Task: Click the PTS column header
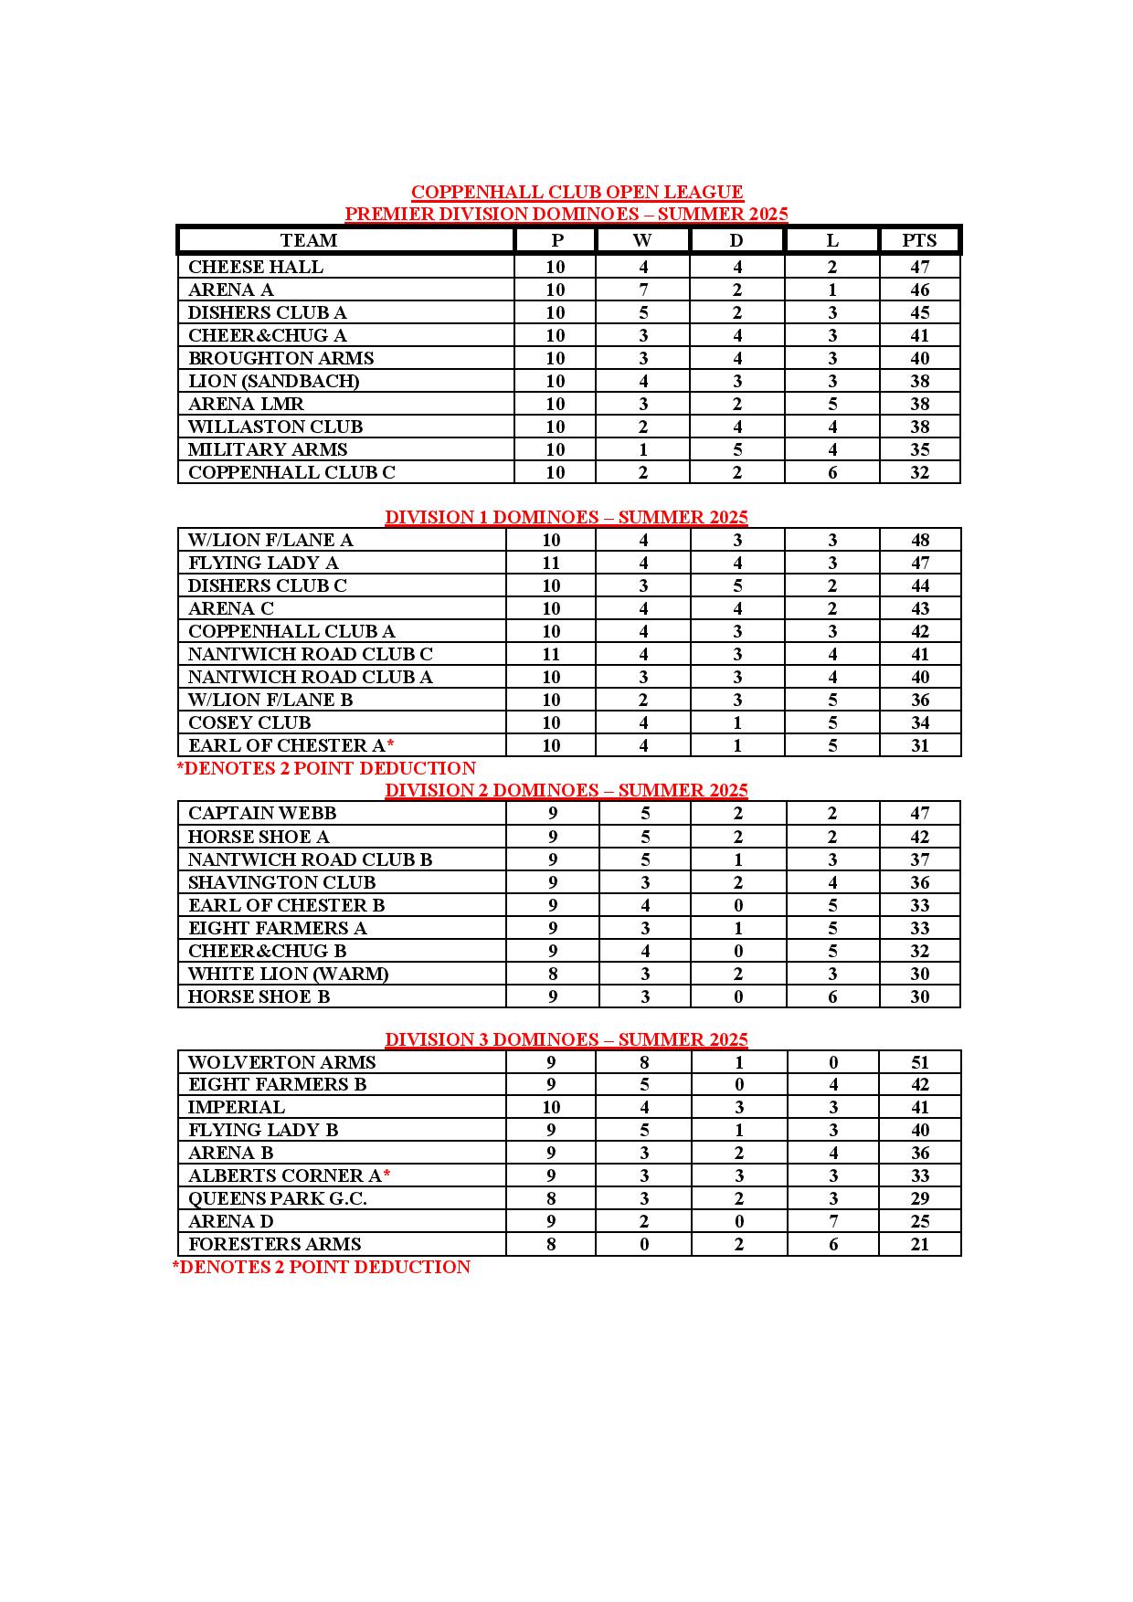919,240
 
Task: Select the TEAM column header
309,240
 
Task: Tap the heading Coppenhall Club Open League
577,192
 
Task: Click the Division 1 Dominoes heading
566,517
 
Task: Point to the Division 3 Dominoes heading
566,1039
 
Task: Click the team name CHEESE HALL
256,267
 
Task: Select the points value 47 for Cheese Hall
919,267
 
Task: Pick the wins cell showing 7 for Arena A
643,290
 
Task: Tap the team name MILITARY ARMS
268,449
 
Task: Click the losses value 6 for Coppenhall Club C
831,472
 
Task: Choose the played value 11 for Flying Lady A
551,563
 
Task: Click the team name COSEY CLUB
249,722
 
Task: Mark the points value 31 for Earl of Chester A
919,745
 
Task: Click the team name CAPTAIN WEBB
262,813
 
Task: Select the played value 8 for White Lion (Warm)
552,974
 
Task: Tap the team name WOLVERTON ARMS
281,1062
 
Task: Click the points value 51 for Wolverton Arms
919,1062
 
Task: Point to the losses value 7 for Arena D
832,1221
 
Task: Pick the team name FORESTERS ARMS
274,1244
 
